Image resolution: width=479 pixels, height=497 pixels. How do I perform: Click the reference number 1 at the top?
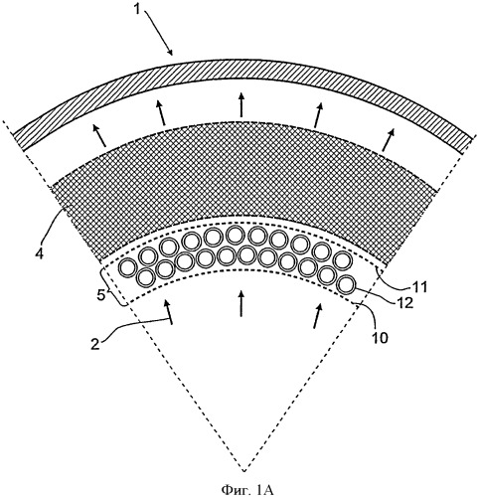point(138,9)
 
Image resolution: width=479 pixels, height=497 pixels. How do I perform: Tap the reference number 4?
point(40,254)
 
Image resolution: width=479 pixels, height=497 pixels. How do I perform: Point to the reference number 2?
point(95,344)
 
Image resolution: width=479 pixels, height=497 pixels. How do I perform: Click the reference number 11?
point(419,287)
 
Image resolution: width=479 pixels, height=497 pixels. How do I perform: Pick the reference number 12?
point(404,303)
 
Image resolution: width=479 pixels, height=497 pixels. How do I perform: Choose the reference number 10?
point(380,338)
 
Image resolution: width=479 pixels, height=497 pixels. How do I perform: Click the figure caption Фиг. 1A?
point(247,489)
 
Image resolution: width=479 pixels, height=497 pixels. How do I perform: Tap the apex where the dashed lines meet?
point(243,471)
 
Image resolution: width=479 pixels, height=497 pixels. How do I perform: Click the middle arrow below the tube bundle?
point(241,303)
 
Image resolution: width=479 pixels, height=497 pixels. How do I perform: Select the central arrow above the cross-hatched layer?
point(241,104)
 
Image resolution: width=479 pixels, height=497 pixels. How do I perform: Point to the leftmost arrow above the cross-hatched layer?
point(99,135)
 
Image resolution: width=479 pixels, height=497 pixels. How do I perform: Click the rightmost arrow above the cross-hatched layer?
point(388,138)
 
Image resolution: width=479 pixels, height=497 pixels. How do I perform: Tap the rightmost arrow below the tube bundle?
point(318,315)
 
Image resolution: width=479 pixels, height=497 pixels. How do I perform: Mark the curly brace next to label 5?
point(114,287)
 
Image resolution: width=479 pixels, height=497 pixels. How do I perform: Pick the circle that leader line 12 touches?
point(346,284)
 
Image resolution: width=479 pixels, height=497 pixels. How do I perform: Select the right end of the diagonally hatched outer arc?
point(467,144)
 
